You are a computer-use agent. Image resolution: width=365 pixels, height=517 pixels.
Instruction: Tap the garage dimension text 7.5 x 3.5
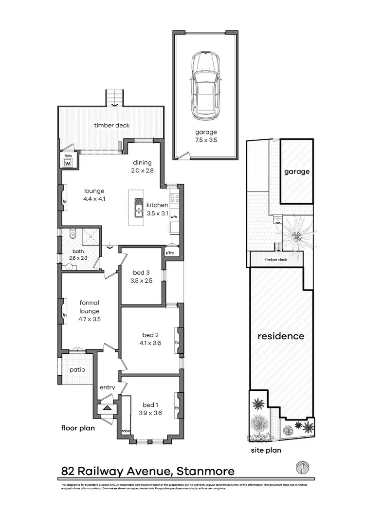pos(206,140)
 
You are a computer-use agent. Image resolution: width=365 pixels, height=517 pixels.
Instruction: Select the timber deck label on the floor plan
pos(112,125)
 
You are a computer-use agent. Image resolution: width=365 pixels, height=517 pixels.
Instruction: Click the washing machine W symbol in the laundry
pos(67,163)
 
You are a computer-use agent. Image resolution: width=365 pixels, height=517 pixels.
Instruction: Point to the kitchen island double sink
pos(138,208)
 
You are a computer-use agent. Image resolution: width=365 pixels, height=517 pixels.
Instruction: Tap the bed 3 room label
pos(142,273)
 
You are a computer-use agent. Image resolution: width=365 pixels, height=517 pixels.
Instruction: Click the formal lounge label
pos(89,307)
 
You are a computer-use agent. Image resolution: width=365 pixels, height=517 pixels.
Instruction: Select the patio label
pos(77,369)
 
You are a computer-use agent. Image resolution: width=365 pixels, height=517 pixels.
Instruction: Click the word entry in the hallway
pos(107,387)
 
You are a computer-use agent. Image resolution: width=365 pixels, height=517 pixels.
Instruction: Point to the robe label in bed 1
pos(126,431)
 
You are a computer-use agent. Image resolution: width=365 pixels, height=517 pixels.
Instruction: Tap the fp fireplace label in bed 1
pos(177,408)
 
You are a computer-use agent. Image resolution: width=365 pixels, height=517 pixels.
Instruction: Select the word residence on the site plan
pos(281,336)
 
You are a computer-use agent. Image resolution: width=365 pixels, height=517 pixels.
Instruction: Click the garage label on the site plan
pos(296,172)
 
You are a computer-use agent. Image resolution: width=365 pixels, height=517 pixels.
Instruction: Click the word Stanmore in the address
pos(205,471)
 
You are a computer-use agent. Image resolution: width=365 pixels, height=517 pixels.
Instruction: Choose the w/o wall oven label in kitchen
pos(174,217)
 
